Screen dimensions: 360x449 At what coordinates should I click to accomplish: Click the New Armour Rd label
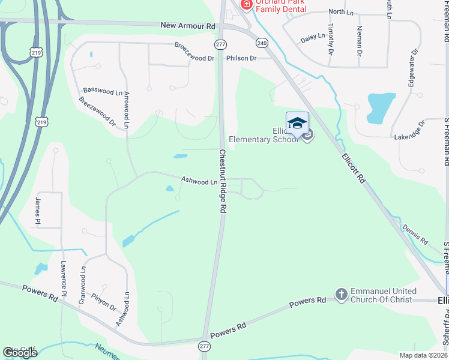point(188,26)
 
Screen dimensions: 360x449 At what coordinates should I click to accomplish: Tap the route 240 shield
point(262,43)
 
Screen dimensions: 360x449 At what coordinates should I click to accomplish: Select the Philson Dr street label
point(241,58)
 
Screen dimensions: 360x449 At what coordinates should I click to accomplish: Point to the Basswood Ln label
point(103,91)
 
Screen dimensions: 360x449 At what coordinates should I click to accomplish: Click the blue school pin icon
point(297,123)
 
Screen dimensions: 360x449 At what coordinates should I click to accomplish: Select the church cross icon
point(342,294)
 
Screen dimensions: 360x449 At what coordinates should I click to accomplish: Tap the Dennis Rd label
point(415,235)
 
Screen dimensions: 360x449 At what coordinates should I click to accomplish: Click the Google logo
point(20,353)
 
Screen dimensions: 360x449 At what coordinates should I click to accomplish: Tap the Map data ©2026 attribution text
point(423,355)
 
